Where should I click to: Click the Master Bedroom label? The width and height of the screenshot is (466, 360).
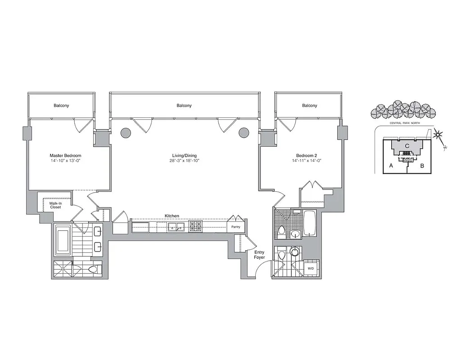click(x=65, y=156)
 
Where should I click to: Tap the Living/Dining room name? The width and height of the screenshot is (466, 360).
click(x=184, y=156)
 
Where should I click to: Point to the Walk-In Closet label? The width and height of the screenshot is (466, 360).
click(x=55, y=205)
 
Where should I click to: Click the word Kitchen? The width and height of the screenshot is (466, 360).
click(x=172, y=216)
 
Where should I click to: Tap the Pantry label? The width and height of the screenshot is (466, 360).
click(x=236, y=227)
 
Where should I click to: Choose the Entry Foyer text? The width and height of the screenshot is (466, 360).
click(x=259, y=255)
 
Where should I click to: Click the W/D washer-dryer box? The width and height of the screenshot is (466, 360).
click(x=311, y=269)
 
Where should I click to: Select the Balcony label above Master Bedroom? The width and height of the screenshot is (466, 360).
click(x=61, y=106)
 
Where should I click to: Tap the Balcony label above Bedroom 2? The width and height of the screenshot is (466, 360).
click(x=309, y=106)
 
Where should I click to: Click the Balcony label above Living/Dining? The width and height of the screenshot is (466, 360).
click(x=184, y=106)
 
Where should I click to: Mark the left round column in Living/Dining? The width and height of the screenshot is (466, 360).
click(x=126, y=133)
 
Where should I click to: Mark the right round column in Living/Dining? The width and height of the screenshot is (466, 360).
click(x=244, y=133)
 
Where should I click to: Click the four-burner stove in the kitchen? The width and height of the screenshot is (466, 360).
click(x=196, y=226)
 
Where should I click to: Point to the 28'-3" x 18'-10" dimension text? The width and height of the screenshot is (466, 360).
click(x=184, y=161)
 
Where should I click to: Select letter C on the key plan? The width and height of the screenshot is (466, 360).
click(x=407, y=146)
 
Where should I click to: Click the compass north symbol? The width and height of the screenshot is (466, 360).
click(x=438, y=135)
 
